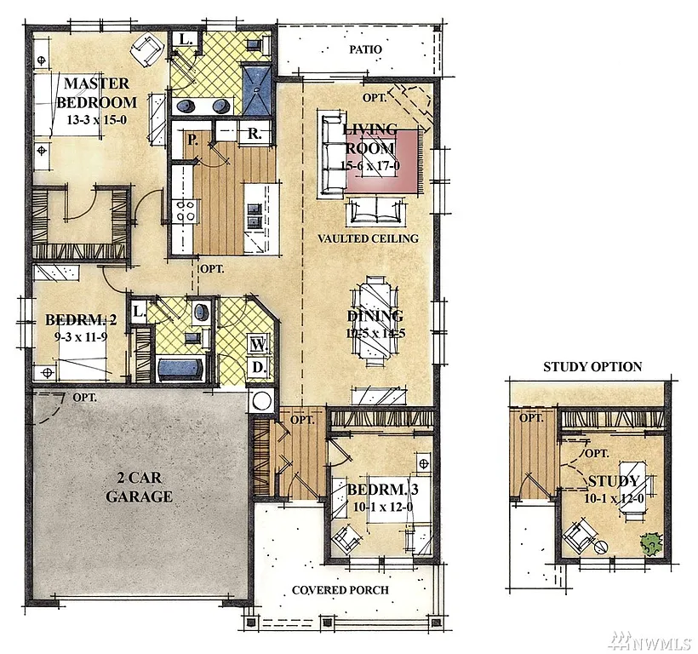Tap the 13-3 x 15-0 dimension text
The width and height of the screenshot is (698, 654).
pyautogui.click(x=96, y=119)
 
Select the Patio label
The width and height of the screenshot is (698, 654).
pyautogui.click(x=365, y=50)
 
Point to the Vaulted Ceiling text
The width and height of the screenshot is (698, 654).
pyautogui.click(x=368, y=238)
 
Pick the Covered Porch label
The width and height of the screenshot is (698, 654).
pyautogui.click(x=340, y=590)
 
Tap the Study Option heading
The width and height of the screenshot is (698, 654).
pyautogui.click(x=592, y=367)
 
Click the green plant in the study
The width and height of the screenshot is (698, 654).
pyautogui.click(x=651, y=542)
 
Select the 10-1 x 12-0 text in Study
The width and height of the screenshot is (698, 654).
pyautogui.click(x=612, y=497)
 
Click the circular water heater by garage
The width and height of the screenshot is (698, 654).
pyautogui.click(x=262, y=401)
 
